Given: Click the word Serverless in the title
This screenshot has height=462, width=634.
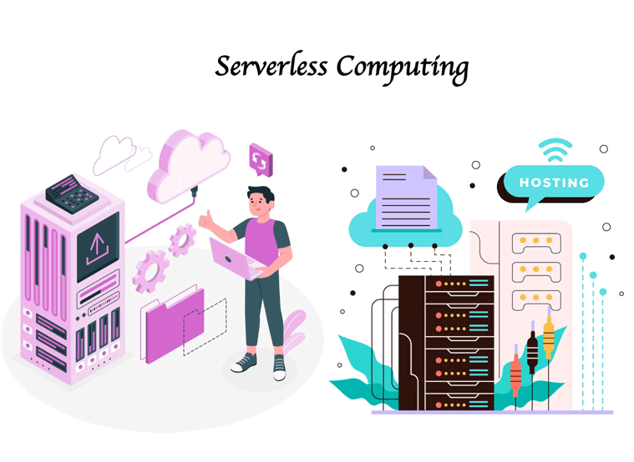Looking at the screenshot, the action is [265, 67].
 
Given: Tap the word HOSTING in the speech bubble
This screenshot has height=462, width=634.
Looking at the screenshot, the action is [554, 183].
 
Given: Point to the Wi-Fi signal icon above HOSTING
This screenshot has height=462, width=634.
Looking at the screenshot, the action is [555, 150].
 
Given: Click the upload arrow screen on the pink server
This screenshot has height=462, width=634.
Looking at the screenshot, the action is [98, 246].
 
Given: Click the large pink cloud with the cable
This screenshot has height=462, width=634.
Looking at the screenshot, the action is [189, 163].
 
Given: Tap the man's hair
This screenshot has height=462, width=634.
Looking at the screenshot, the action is [261, 197].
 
